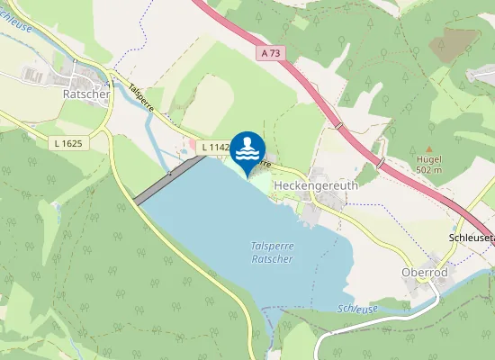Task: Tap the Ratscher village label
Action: (x=86, y=93)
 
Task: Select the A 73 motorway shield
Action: (x=271, y=54)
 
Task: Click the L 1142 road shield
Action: (x=214, y=147)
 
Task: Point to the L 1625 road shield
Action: (x=66, y=142)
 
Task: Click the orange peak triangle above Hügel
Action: (x=429, y=149)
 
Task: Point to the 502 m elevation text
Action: (x=429, y=169)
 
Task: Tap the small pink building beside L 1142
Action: (x=190, y=145)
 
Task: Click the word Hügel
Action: (x=428, y=159)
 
